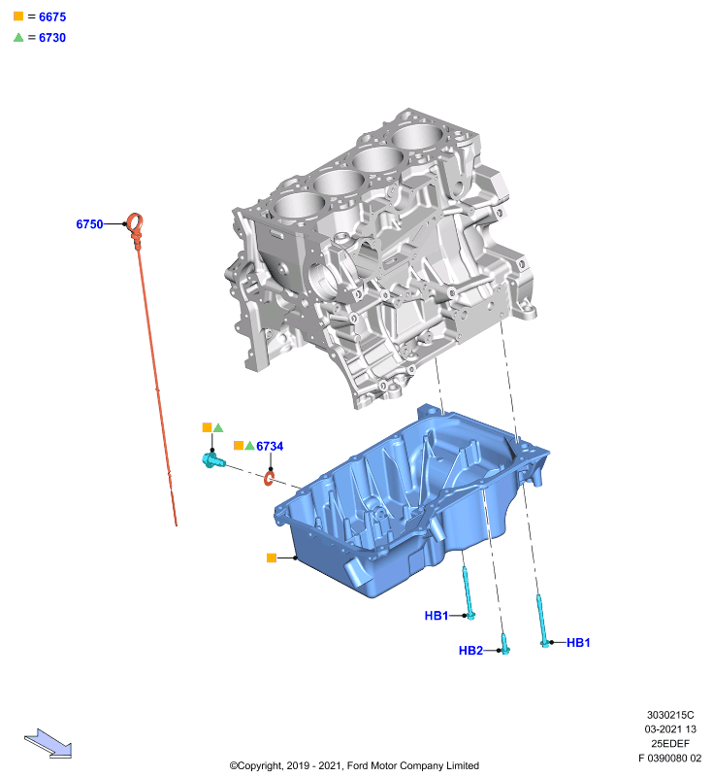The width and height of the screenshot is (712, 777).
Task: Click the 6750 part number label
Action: pyautogui.click(x=89, y=224)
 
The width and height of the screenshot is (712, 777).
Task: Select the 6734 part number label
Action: pyautogui.click(x=270, y=446)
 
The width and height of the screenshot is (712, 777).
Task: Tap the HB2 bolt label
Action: pyautogui.click(x=470, y=650)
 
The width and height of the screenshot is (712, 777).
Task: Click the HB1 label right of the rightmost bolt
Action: pyautogui.click(x=578, y=643)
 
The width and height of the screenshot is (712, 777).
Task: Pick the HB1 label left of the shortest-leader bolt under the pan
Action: pyautogui.click(x=437, y=616)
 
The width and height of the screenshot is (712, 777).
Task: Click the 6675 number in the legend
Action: pyautogui.click(x=52, y=17)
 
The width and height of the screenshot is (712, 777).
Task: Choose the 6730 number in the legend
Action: pyautogui.click(x=52, y=38)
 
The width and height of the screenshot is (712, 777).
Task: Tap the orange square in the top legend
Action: pyautogui.click(x=18, y=17)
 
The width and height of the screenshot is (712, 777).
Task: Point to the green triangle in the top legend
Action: pyautogui.click(x=18, y=38)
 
